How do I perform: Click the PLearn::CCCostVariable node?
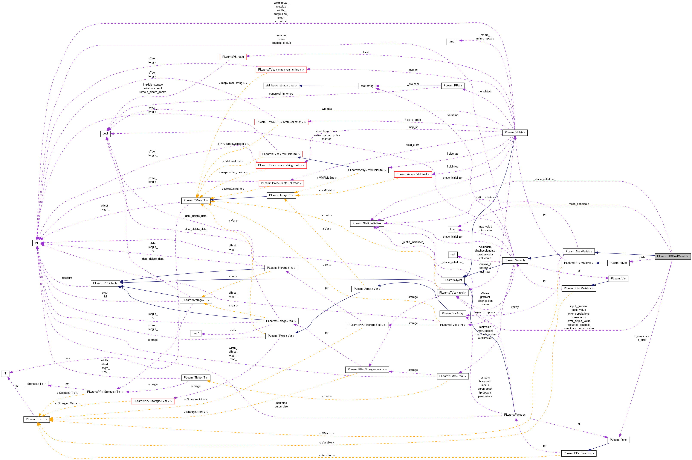tap(672, 256)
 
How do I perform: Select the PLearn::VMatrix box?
tap(515, 133)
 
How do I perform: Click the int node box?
tap(37, 243)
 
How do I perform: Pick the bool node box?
tap(105, 133)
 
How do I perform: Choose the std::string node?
tap(367, 86)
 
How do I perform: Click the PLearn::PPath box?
tap(452, 86)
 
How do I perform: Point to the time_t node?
tap(452, 42)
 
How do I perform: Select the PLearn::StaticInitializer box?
tap(367, 223)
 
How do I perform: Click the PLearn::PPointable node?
tap(105, 283)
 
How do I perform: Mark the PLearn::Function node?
tap(515, 415)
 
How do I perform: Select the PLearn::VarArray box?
tap(452, 313)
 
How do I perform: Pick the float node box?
tap(452, 229)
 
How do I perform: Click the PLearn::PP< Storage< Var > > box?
tap(153, 401)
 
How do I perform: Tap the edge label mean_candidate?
tap(579, 204)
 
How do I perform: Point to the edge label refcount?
tap(67, 278)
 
